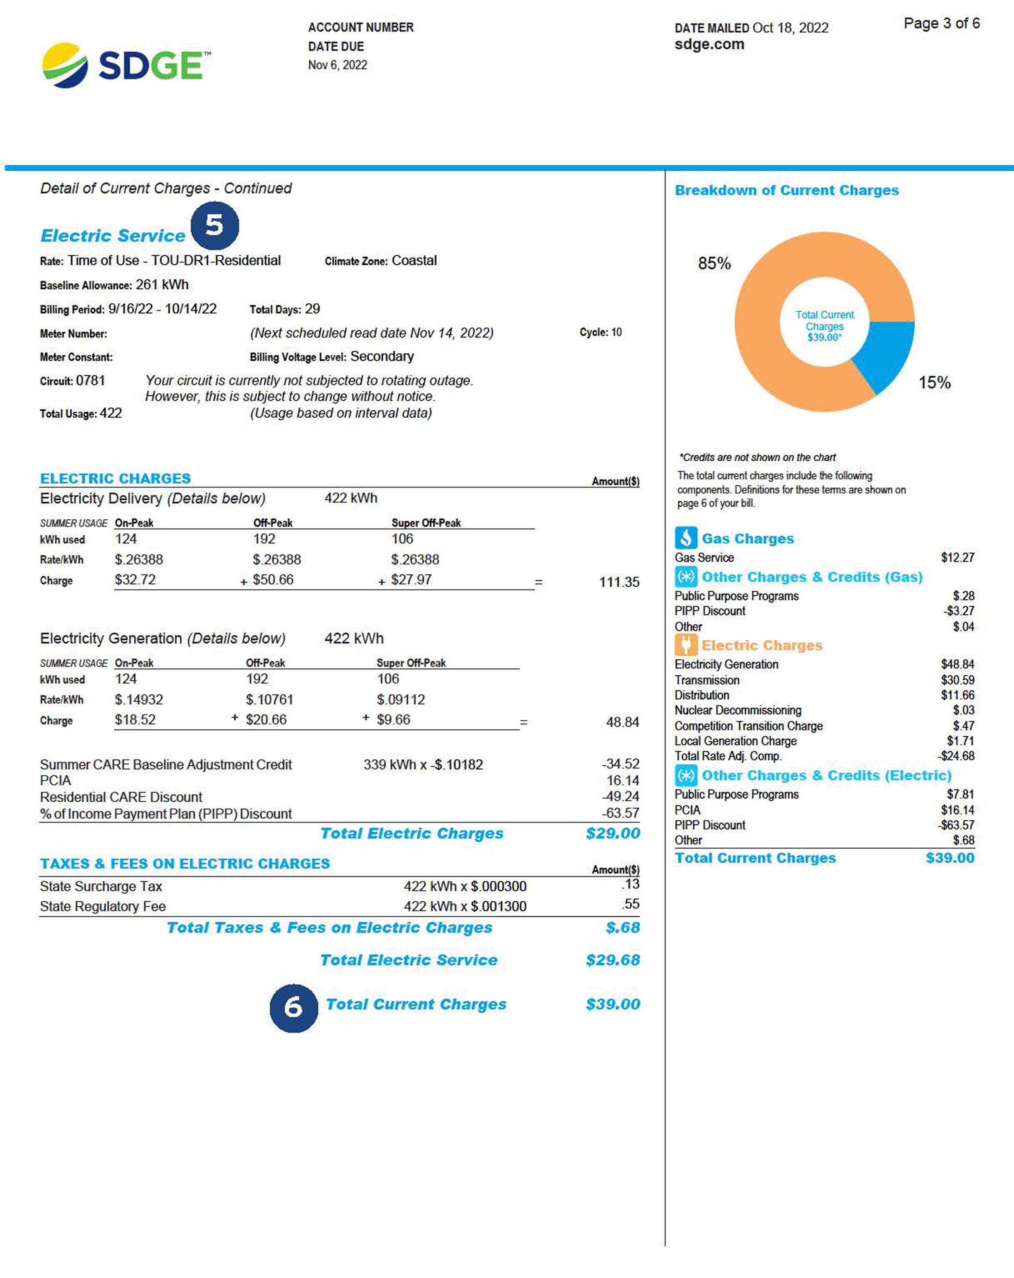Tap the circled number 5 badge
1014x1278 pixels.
point(214,225)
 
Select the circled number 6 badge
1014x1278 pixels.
point(293,1008)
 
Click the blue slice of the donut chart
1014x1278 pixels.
point(886,353)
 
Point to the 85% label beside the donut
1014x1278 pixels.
point(714,263)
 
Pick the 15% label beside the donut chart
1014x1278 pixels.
point(934,382)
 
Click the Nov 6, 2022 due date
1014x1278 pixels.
point(337,65)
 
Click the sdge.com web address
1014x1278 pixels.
point(709,45)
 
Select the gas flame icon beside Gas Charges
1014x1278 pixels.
point(685,538)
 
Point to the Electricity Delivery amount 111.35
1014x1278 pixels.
point(619,582)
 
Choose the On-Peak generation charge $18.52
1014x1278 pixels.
point(135,720)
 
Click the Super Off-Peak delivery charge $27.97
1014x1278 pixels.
point(411,580)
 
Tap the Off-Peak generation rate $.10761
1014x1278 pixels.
point(270,699)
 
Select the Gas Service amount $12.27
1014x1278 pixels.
point(957,557)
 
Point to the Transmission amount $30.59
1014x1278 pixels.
point(957,680)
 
